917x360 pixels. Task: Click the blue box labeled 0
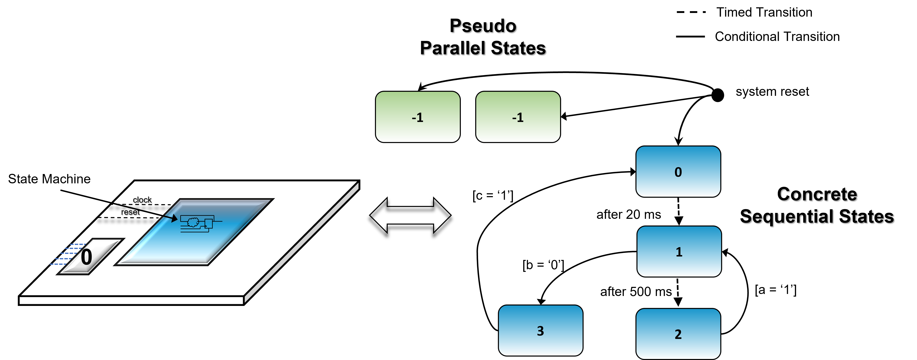(678, 172)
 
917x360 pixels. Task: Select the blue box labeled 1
(679, 251)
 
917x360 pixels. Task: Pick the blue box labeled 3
(540, 330)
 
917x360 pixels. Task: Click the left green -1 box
(417, 117)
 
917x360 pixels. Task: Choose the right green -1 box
(518, 117)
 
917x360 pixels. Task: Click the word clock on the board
(142, 200)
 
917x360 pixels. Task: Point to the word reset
(130, 212)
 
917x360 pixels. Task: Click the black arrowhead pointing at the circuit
(174, 218)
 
